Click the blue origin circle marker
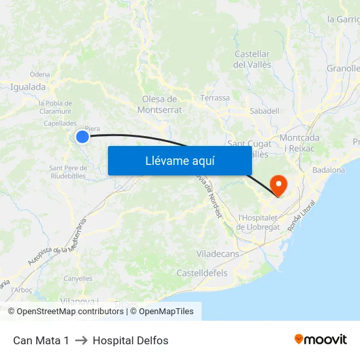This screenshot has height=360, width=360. (x=82, y=136)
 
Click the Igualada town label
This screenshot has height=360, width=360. (x=28, y=86)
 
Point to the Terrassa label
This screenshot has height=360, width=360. (x=215, y=98)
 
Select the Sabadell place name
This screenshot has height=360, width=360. (x=264, y=111)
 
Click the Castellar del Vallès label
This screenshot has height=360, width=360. (x=252, y=59)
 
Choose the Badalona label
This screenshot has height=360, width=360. (x=329, y=170)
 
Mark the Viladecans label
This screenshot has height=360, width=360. (x=217, y=253)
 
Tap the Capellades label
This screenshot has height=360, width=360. (x=60, y=123)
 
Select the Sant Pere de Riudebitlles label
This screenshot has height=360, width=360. (x=67, y=171)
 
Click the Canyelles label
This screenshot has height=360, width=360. (x=78, y=278)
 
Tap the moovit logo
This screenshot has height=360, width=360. (x=320, y=340)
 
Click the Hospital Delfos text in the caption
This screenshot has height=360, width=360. (x=130, y=340)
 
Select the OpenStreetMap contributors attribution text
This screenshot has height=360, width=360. (x=70, y=312)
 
